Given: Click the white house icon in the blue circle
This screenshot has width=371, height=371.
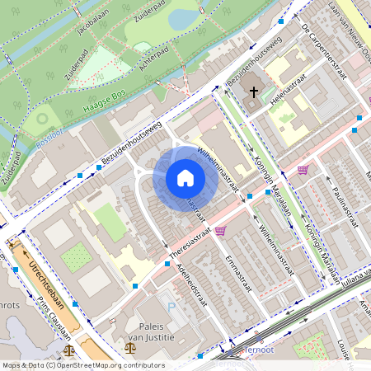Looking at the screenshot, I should click(185, 177).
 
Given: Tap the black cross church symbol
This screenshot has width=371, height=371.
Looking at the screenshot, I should click(255, 92).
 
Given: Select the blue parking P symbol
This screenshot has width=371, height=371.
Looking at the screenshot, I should click(171, 307).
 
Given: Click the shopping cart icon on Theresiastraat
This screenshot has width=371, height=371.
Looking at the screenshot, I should click(220, 232).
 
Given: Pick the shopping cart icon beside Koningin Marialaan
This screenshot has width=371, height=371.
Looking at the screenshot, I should click(303, 170).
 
